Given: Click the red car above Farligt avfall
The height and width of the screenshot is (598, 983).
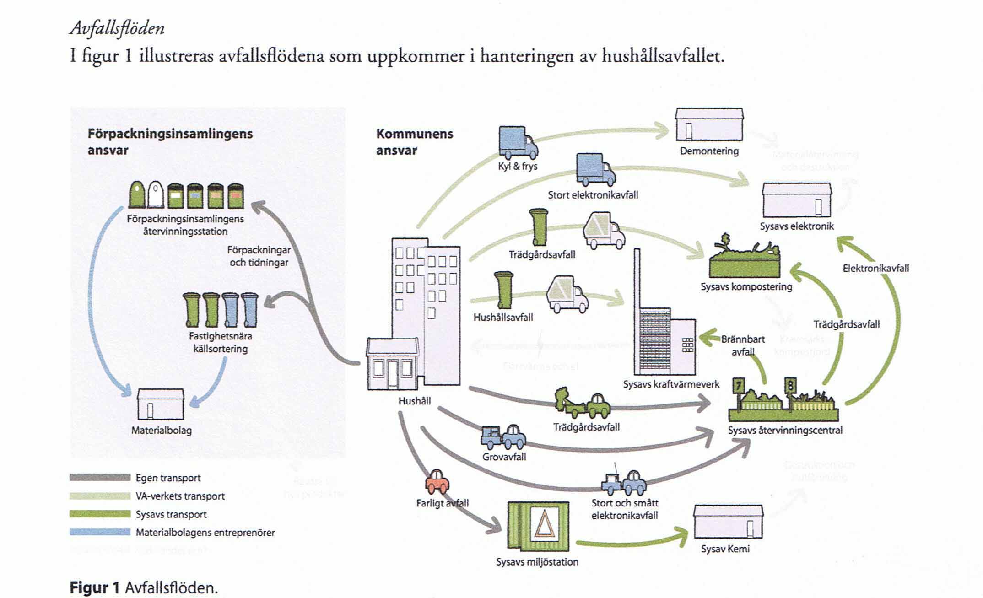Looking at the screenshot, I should (x=437, y=480).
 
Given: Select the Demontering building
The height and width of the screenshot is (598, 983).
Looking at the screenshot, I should (x=709, y=124).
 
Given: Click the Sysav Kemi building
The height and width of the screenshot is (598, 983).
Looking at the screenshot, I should (x=728, y=522).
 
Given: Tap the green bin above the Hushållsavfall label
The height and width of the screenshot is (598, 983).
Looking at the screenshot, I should (x=503, y=290).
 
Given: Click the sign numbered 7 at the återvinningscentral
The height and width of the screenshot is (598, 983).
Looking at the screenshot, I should (x=738, y=385).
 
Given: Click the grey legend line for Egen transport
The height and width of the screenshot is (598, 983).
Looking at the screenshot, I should (x=100, y=478).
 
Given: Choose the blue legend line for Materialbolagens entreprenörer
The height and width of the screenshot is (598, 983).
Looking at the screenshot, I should (x=100, y=532).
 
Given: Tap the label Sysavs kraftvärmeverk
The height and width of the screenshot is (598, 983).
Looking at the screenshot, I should (x=671, y=384).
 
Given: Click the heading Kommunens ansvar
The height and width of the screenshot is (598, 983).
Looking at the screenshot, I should (x=414, y=142).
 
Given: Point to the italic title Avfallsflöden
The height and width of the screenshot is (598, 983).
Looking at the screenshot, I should (x=117, y=28).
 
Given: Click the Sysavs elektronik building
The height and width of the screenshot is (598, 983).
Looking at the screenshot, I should (x=796, y=200).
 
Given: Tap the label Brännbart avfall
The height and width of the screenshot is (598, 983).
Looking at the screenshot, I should (x=742, y=345).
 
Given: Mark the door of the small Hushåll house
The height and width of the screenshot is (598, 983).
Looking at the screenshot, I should (x=393, y=374).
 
